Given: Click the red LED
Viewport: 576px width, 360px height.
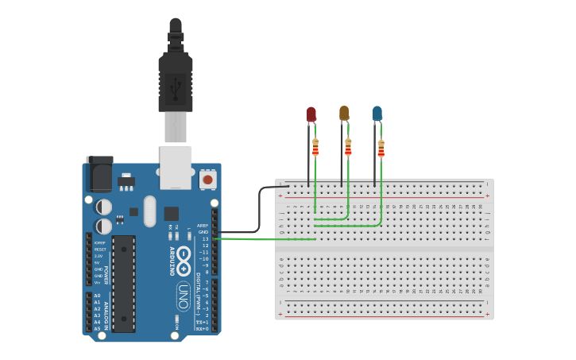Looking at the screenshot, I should click(x=311, y=115).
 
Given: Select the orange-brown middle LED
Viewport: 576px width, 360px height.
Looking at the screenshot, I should click(x=344, y=114).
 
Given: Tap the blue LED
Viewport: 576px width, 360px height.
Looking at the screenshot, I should click(x=377, y=114).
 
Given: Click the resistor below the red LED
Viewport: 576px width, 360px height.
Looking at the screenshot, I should click(x=315, y=147).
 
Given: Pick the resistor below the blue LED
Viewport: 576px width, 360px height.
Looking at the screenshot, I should click(x=381, y=148).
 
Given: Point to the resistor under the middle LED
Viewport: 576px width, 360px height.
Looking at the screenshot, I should click(x=348, y=147).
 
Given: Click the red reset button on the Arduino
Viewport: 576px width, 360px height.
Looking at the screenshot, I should click(x=207, y=180).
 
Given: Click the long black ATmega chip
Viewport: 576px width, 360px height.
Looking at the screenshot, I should click(x=123, y=282).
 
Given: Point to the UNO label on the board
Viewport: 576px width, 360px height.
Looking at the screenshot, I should click(x=183, y=292).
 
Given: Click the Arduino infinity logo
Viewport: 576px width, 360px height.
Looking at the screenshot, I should click(x=184, y=258).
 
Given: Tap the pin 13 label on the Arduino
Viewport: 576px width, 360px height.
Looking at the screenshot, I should click(x=204, y=238).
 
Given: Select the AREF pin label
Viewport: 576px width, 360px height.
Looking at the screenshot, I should click(x=203, y=225).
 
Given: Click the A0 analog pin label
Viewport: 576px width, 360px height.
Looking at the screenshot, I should click(x=97, y=296).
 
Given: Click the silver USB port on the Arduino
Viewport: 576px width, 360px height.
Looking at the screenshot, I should click(x=176, y=167).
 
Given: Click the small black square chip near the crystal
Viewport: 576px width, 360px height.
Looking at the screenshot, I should click(x=171, y=213).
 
